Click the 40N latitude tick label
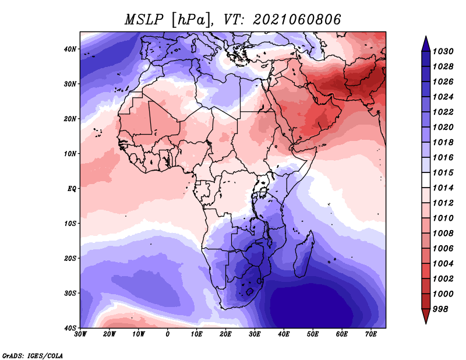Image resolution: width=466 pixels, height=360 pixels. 69,49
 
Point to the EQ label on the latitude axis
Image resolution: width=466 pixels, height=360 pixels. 72,189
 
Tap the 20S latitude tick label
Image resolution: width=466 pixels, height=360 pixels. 70,258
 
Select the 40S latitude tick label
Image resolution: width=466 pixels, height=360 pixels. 70,328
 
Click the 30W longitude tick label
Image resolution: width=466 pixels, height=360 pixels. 80,334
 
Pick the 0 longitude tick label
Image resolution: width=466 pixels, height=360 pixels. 168,334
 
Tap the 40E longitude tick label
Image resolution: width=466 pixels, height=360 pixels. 284,334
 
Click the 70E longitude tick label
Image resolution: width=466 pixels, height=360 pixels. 371,334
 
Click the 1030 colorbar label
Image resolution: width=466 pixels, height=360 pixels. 443,51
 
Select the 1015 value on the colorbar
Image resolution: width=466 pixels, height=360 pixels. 443,172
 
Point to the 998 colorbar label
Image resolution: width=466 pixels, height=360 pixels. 440,309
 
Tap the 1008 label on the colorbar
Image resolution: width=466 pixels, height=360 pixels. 443,234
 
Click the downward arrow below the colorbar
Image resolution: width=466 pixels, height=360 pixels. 426,316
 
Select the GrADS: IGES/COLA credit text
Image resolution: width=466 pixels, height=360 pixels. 33,355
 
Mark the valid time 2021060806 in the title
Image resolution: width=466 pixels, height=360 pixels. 297,20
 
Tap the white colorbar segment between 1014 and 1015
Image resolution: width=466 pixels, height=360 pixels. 426,180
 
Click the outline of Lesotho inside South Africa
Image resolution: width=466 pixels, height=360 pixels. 250,291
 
